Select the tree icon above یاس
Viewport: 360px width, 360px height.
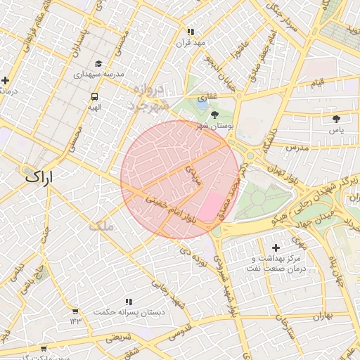tap(336, 118)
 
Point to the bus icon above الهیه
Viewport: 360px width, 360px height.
tap(94, 96)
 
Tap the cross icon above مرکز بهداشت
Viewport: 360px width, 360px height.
tap(275, 247)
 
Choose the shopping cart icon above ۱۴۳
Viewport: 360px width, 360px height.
tap(75, 310)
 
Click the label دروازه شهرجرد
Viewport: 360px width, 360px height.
tap(150, 97)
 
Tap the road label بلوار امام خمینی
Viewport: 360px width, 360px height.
tap(172, 209)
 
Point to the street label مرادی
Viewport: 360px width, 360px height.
tap(193, 174)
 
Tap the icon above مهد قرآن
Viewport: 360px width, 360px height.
tap(190, 32)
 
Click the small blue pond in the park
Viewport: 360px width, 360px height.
tap(202, 101)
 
